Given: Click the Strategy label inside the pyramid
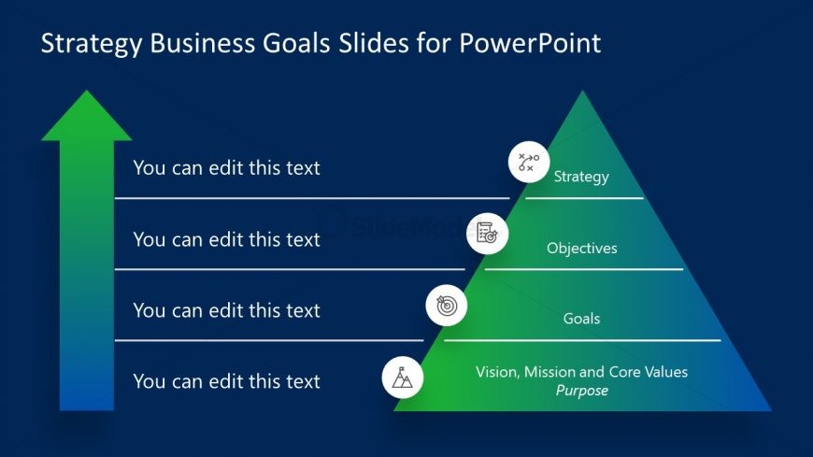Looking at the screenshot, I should coord(581,176).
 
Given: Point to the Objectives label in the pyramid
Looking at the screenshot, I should coord(581,248).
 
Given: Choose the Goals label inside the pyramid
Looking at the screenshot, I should coord(581,319).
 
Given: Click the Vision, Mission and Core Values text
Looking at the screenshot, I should coord(581,372).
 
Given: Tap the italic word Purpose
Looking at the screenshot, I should coord(581,391).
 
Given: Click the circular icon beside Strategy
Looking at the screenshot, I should coord(529,162).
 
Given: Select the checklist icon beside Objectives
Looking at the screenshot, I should coord(488,233).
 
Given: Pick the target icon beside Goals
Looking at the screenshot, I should coord(447,305).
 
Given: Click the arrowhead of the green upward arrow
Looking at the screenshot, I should coord(87,117).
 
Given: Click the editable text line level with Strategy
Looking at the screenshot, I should coord(226,168).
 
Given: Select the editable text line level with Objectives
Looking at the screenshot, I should coord(226,239).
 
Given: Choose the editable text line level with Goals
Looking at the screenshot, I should coord(226,310).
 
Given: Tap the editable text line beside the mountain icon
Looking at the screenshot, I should coord(226,381).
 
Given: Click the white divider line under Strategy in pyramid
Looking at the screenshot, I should coord(584,198).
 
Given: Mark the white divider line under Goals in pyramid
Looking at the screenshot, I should coord(582,340).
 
